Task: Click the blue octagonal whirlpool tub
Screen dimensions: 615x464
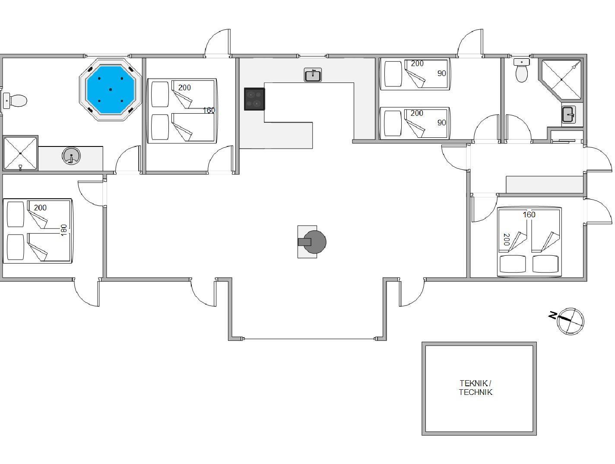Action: [111, 89]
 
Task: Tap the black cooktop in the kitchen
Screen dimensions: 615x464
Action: [254, 99]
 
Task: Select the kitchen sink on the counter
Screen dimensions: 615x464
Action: [313, 75]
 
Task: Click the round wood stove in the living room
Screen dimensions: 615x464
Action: [315, 242]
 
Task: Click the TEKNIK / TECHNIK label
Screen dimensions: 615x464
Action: [476, 388]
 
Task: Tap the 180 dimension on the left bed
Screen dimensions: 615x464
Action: [64, 230]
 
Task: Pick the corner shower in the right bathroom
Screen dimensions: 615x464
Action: [561, 79]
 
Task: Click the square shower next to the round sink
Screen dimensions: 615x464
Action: [20, 153]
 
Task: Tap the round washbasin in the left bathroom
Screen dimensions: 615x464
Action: [71, 156]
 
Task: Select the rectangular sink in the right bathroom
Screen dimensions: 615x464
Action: [568, 114]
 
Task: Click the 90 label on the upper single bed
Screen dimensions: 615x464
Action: [441, 73]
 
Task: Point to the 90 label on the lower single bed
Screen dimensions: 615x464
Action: [441, 123]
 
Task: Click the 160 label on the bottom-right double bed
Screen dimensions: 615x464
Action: [529, 215]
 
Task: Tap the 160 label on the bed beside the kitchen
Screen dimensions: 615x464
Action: [209, 110]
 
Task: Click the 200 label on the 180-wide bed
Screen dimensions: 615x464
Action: [40, 208]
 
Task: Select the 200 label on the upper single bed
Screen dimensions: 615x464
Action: [417, 64]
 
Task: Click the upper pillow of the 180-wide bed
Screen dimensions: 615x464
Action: [16, 214]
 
